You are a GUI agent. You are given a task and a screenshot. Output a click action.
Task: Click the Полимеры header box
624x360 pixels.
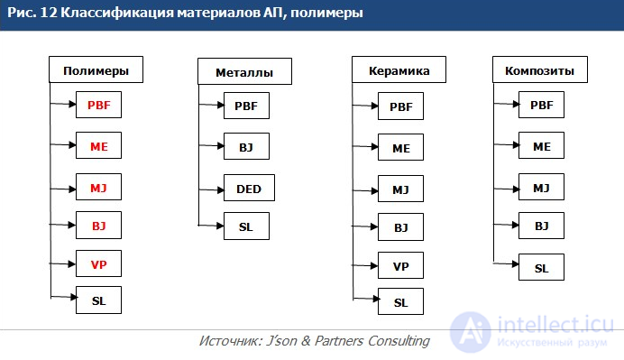tap(96, 69)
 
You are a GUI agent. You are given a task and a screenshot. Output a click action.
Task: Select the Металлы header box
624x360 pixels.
tap(244, 71)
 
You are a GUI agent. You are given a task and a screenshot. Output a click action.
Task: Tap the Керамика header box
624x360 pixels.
tap(399, 69)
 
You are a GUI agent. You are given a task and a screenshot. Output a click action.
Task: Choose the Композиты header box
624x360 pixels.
tap(540, 69)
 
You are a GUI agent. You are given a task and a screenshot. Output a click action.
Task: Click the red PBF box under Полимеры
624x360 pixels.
tap(98, 105)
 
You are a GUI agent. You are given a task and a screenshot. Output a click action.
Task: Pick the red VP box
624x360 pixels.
tap(98, 263)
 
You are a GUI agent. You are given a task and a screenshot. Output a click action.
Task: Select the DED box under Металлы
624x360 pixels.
tap(249, 188)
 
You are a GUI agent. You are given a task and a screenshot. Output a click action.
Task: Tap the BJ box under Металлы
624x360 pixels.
tap(246, 146)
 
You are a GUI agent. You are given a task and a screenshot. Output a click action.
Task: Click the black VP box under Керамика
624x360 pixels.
tap(400, 265)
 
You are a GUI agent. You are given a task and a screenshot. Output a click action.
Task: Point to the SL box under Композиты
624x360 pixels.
tap(541, 267)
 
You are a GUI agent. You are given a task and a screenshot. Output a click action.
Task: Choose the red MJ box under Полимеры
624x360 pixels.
tap(98, 187)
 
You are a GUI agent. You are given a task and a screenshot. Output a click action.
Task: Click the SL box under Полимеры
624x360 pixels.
tap(98, 300)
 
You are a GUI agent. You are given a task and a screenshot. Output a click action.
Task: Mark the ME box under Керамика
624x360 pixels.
tap(400, 147)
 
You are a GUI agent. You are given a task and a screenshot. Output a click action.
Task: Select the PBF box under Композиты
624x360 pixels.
tap(541, 105)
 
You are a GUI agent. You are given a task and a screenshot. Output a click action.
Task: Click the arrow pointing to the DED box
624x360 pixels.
tap(211, 190)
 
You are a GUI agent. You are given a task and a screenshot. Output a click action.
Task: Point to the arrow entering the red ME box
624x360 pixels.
tap(63, 144)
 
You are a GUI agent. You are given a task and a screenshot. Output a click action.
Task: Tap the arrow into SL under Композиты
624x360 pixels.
tap(506, 263)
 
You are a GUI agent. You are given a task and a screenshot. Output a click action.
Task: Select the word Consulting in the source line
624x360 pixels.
tap(399, 341)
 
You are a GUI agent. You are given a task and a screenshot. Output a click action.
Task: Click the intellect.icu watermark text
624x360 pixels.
tap(555, 324)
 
